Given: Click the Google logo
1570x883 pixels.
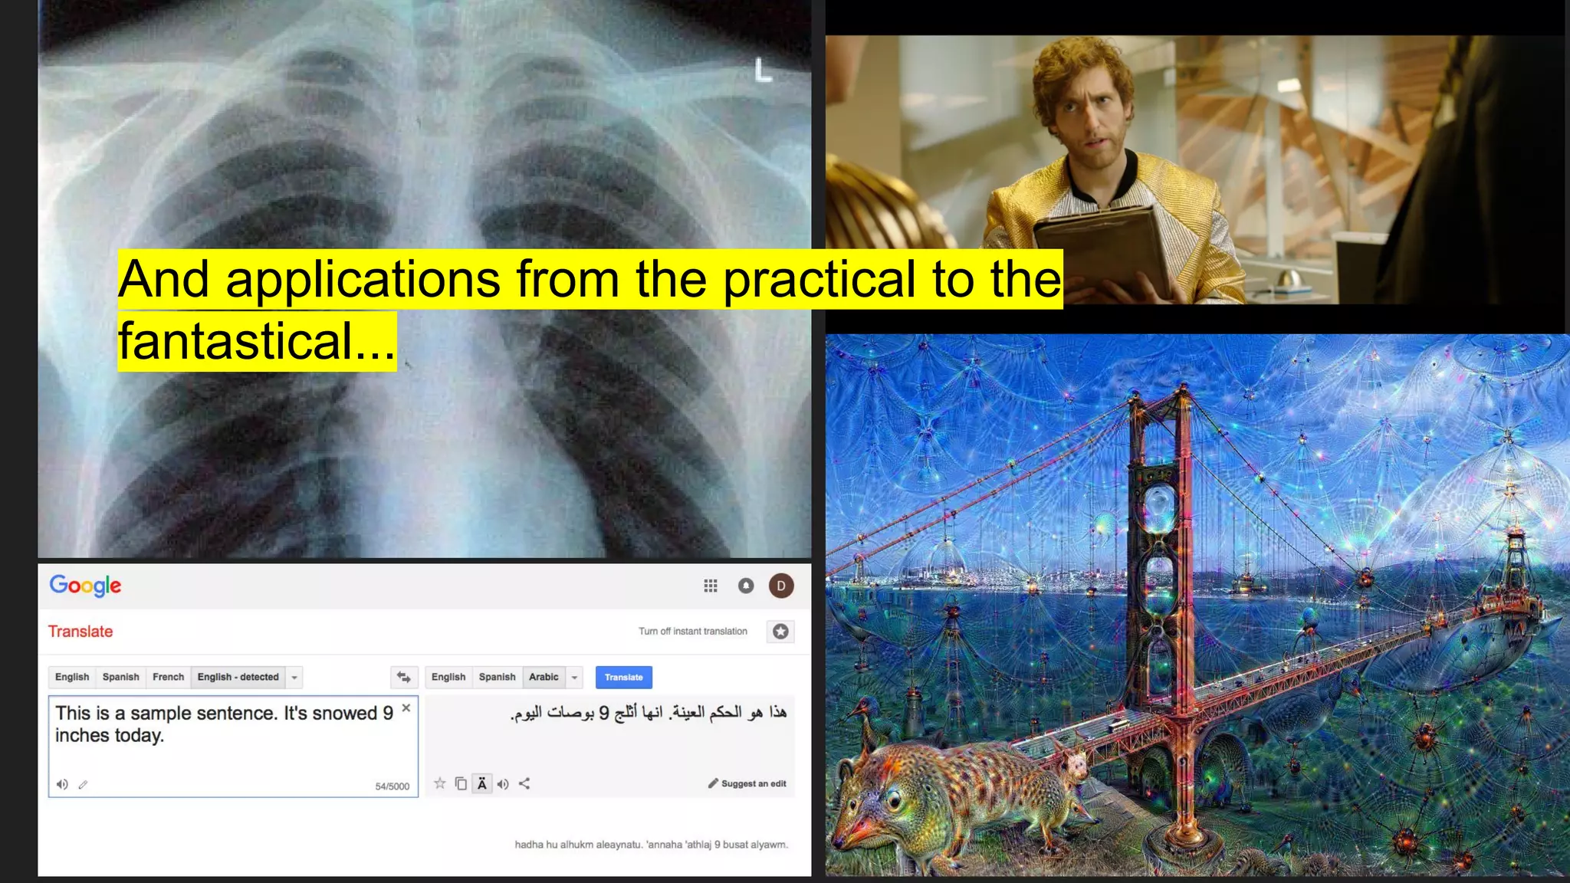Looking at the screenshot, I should click(85, 586).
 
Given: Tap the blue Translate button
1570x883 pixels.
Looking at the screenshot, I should click(623, 678).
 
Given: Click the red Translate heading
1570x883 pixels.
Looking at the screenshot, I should click(80, 632).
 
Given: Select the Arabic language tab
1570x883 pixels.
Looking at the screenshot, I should click(544, 678).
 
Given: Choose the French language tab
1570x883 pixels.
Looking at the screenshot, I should click(168, 678).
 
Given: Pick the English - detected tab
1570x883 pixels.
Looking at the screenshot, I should click(238, 678).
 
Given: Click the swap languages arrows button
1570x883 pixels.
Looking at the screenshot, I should click(404, 678).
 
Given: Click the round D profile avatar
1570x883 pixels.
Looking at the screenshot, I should click(780, 586).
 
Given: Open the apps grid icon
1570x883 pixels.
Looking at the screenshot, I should click(711, 586).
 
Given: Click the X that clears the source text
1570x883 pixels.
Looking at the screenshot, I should click(406, 708).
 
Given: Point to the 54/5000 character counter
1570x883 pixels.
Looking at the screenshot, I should click(392, 786).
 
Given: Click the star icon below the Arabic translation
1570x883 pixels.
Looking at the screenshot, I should click(439, 783).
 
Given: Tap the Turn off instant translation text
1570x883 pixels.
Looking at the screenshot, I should click(692, 632).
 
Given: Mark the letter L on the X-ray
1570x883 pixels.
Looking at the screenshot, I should click(763, 71).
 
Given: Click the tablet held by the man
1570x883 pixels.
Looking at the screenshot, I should click(1096, 245).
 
